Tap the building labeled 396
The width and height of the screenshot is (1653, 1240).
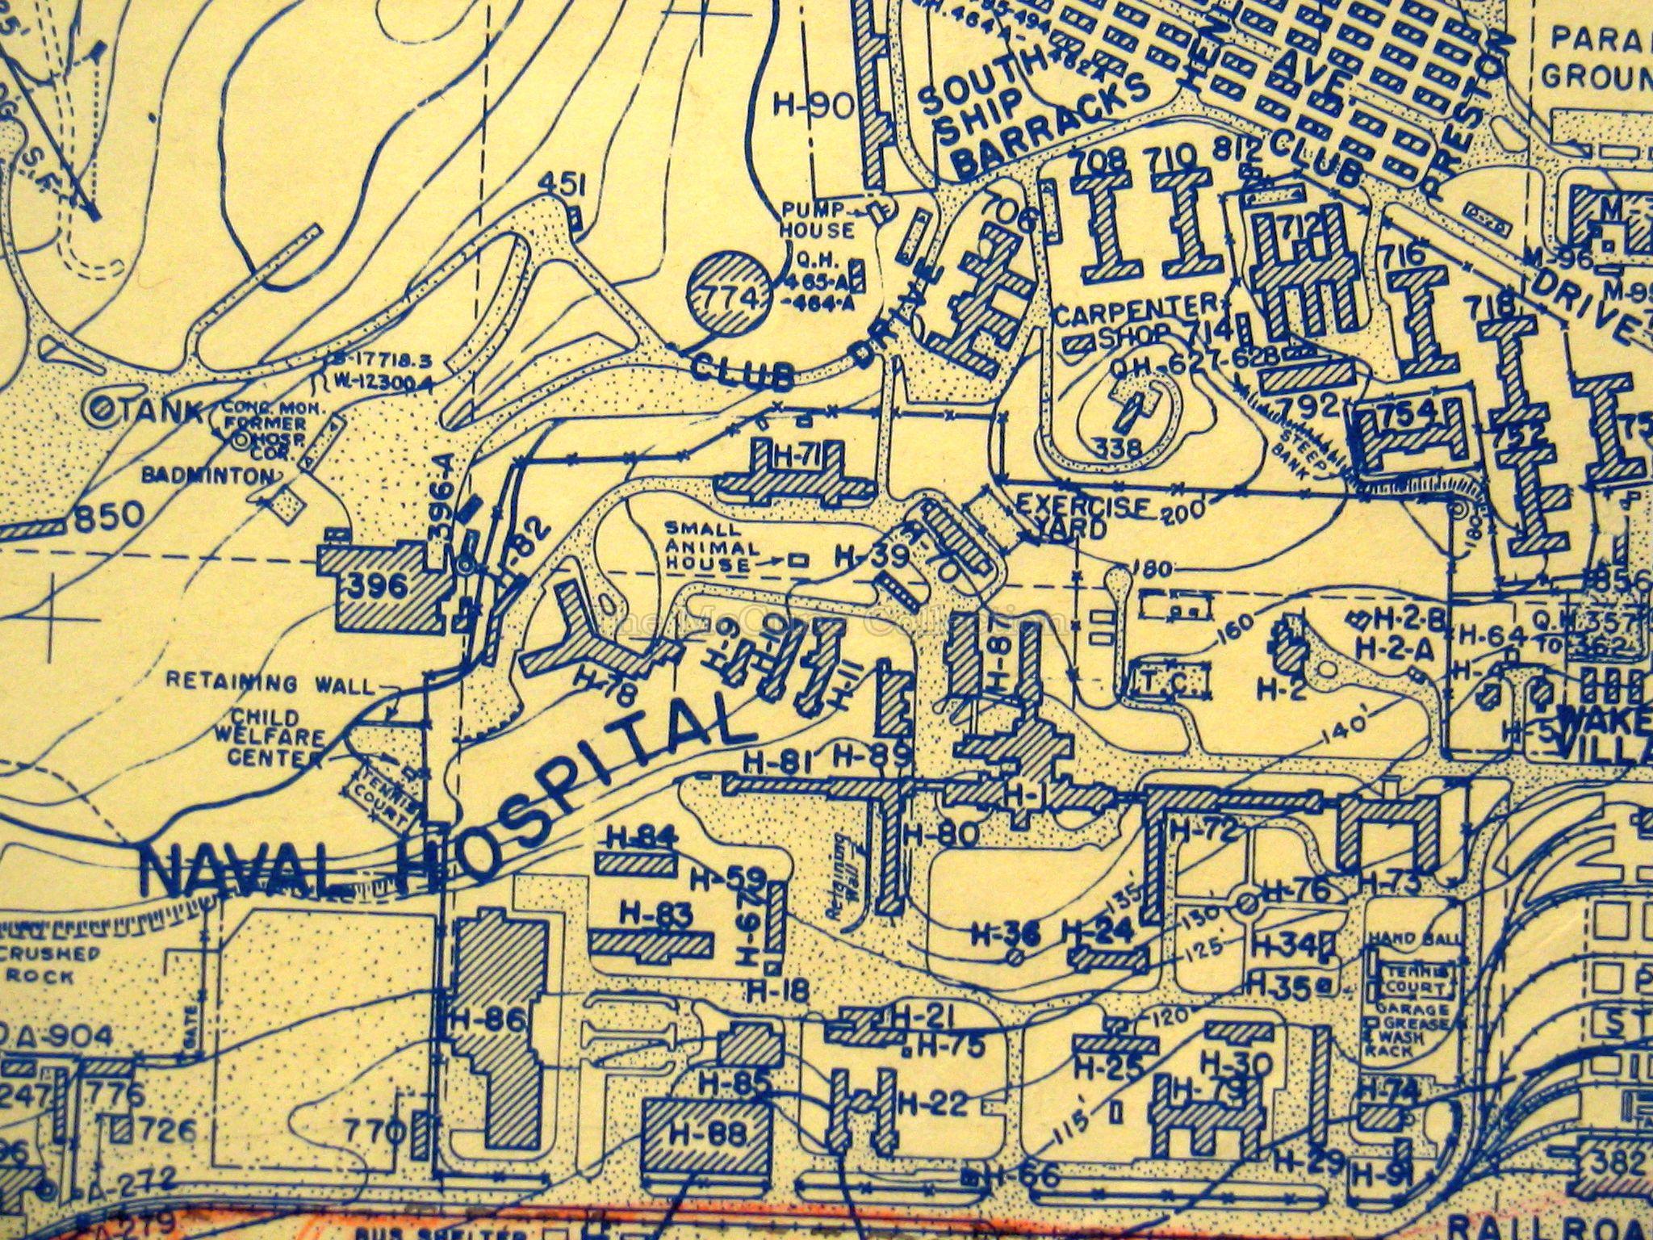point(384,584)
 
